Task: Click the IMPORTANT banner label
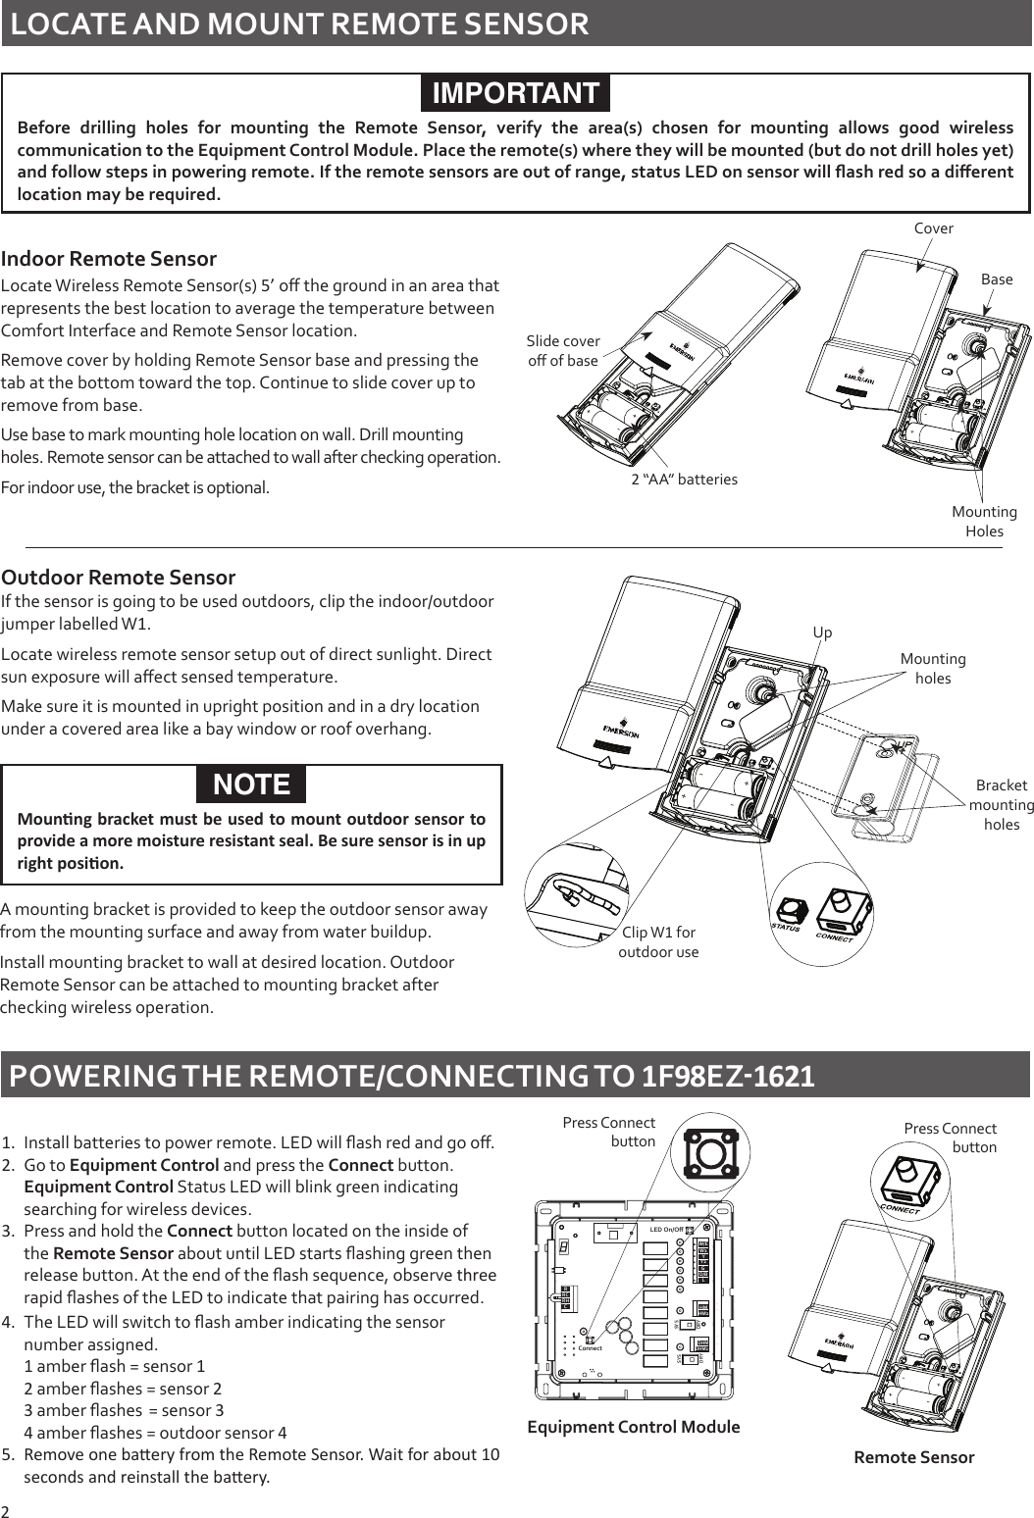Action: tap(516, 93)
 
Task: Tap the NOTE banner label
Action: tap(252, 784)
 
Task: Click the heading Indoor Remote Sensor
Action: tap(109, 259)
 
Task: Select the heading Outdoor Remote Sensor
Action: tap(119, 577)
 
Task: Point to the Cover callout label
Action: tap(933, 228)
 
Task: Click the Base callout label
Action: tap(997, 279)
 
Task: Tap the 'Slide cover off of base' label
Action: tap(563, 350)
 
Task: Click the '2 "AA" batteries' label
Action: tap(684, 480)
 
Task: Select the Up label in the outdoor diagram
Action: tap(822, 632)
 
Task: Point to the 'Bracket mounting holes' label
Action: tap(1001, 804)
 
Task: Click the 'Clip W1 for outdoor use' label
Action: tap(658, 941)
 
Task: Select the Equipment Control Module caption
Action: tap(634, 1427)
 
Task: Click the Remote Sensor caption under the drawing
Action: tap(914, 1457)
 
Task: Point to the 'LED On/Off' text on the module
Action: tap(667, 1230)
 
